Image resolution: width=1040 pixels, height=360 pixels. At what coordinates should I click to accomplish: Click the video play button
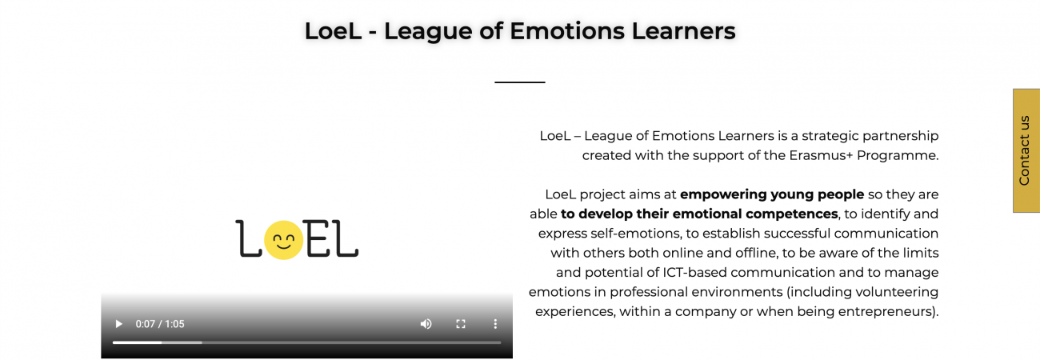coord(119,324)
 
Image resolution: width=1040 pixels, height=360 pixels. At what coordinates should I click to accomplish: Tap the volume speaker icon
coord(426,324)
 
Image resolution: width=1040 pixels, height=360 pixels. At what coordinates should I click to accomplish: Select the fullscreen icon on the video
coord(461,324)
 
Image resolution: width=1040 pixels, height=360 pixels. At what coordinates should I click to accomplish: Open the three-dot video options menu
coord(495,324)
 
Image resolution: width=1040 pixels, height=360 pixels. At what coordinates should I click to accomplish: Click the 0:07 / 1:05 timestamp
coord(160,324)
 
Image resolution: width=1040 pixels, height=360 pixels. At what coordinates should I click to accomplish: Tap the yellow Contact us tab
coord(1026,150)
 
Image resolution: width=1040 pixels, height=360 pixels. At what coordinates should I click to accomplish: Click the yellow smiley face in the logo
coord(284,240)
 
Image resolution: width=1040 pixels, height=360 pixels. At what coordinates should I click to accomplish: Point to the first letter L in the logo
coord(248,238)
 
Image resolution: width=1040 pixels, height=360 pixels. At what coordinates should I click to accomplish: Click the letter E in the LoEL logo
coord(318,238)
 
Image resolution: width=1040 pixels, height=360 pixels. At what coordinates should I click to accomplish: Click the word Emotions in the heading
coord(567,31)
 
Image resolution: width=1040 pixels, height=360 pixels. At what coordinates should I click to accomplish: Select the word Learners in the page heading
coord(683,31)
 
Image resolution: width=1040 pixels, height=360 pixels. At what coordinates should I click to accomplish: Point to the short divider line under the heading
coord(519,82)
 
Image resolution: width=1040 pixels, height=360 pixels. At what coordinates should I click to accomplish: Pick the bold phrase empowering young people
coord(772,194)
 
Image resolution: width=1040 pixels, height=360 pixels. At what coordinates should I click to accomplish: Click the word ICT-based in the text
coord(702,272)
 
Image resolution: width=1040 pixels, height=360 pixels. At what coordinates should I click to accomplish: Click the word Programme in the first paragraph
coord(896,155)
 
